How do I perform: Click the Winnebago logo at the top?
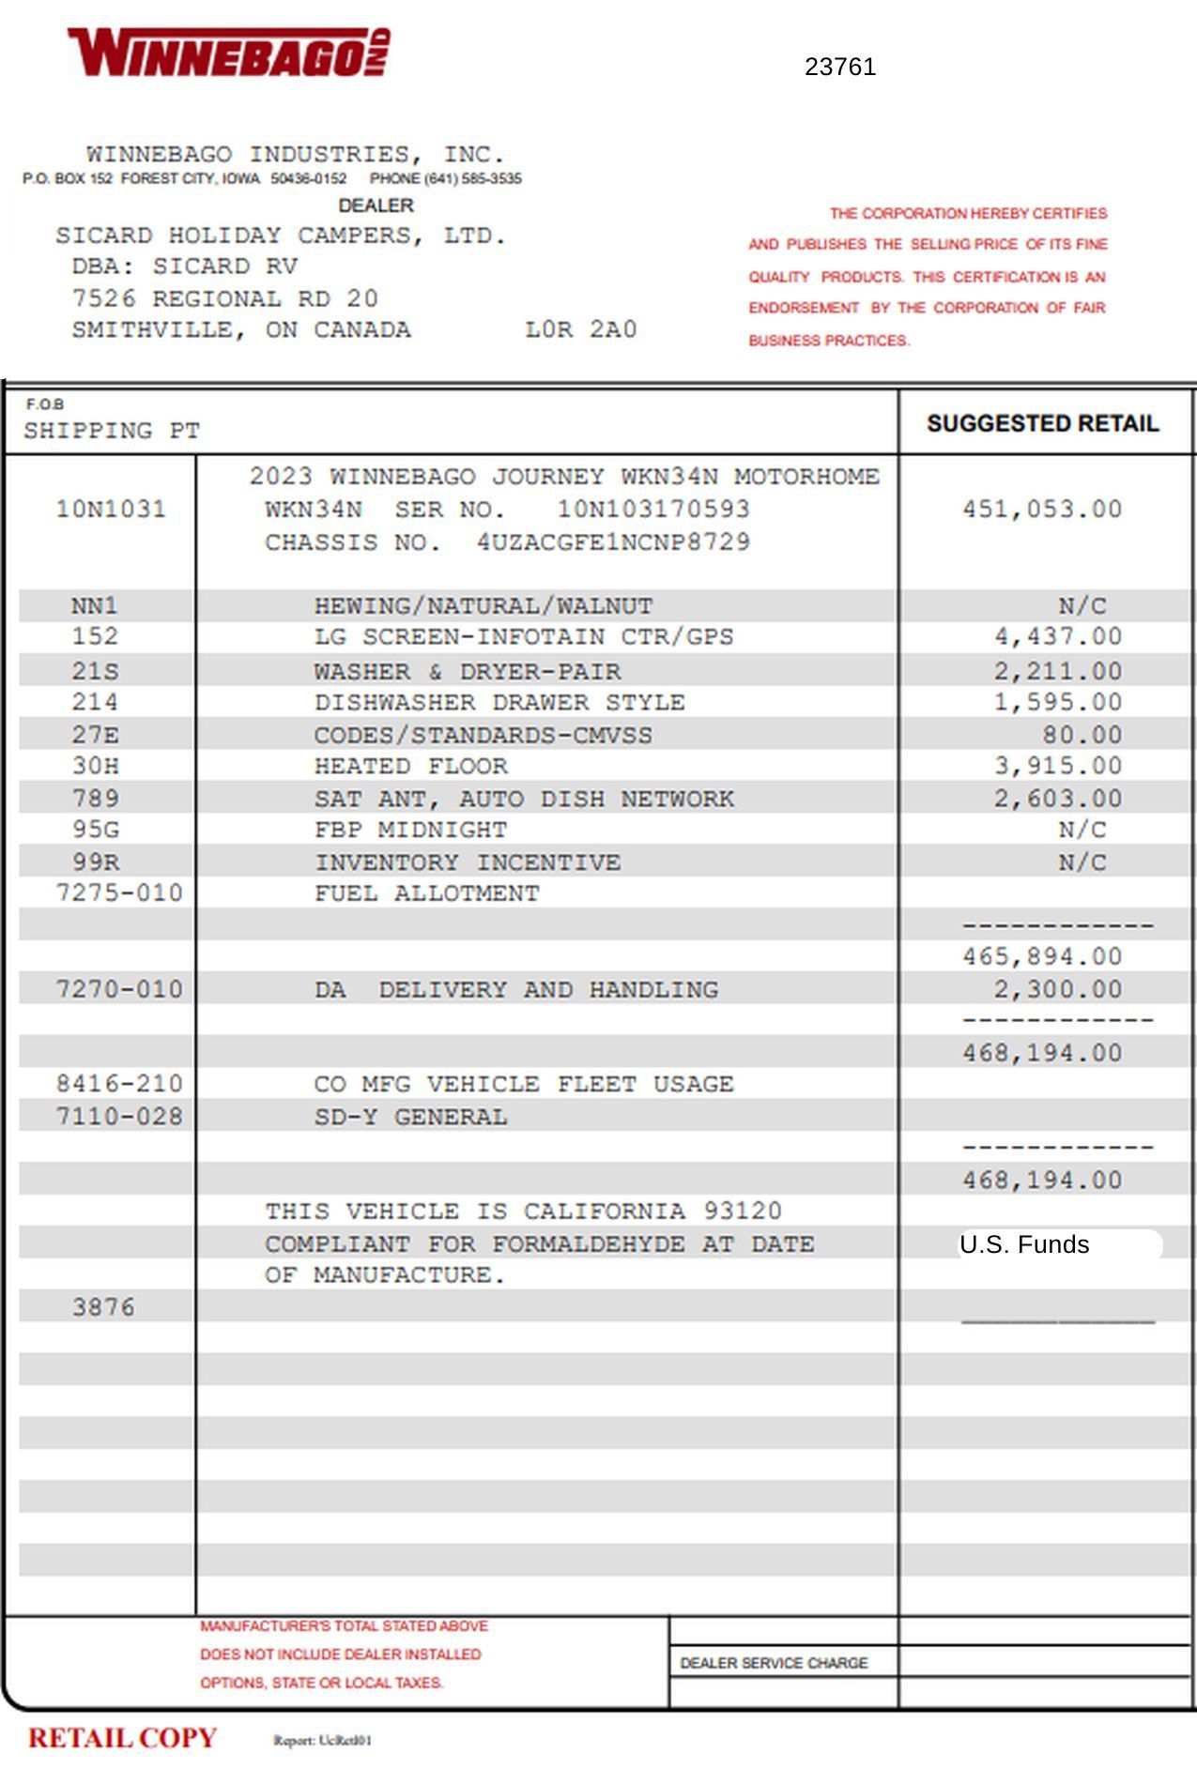click(228, 53)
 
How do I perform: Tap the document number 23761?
click(840, 67)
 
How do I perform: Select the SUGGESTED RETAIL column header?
click(1042, 423)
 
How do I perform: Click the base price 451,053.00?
click(1042, 510)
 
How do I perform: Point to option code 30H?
click(96, 766)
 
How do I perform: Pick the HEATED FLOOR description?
click(410, 766)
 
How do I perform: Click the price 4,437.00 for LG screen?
click(1058, 636)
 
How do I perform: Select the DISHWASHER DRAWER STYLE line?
click(499, 702)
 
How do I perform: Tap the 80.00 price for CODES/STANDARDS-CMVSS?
click(1082, 735)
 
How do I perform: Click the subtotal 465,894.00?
click(1042, 956)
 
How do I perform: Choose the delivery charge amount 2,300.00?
click(1058, 989)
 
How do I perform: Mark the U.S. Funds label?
click(1023, 1244)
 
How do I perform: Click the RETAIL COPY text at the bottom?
click(122, 1738)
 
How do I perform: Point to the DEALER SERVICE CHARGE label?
click(774, 1663)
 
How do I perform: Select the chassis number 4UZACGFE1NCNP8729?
click(613, 542)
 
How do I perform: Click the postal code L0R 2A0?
click(580, 329)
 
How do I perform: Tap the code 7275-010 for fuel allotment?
click(119, 892)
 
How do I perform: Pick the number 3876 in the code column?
click(103, 1307)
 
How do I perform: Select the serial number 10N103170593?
click(653, 510)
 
